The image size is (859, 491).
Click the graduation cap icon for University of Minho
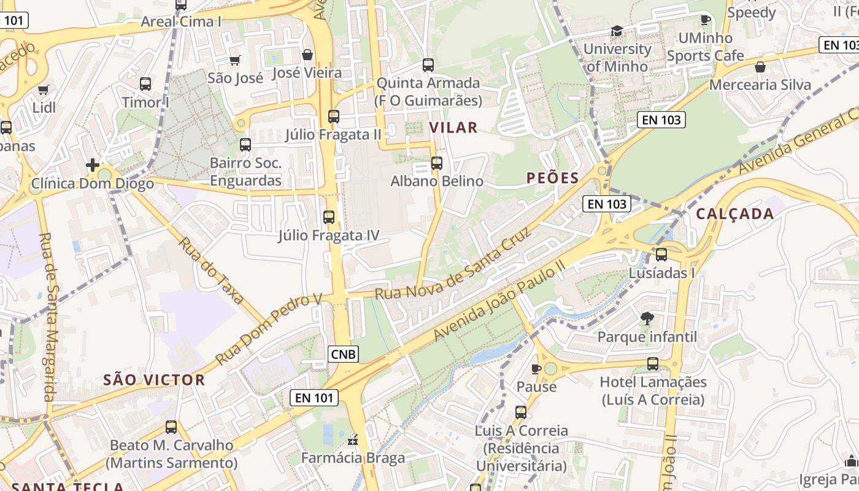click(x=617, y=31)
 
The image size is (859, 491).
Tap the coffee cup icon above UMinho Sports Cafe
click(x=705, y=20)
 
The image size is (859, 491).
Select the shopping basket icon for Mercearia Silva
click(x=760, y=67)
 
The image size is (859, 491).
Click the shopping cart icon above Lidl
click(x=43, y=90)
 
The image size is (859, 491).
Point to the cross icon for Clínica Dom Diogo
click(x=93, y=165)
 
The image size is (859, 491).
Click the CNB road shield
click(x=343, y=354)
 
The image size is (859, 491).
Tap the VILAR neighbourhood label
click(x=453, y=128)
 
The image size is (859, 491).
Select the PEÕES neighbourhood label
click(x=552, y=178)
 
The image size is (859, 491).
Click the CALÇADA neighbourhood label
click(x=734, y=214)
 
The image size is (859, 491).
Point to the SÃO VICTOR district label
click(x=154, y=380)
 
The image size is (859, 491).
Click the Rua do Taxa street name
click(x=212, y=270)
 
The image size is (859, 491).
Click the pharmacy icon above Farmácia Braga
click(x=353, y=440)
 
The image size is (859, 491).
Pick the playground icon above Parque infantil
click(x=647, y=318)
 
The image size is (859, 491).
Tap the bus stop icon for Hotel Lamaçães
click(x=653, y=364)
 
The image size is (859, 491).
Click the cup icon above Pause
click(x=536, y=368)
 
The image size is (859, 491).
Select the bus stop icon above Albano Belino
click(x=437, y=163)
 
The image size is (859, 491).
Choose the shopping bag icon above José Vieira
click(x=307, y=55)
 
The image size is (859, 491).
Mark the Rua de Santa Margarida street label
click(x=48, y=317)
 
